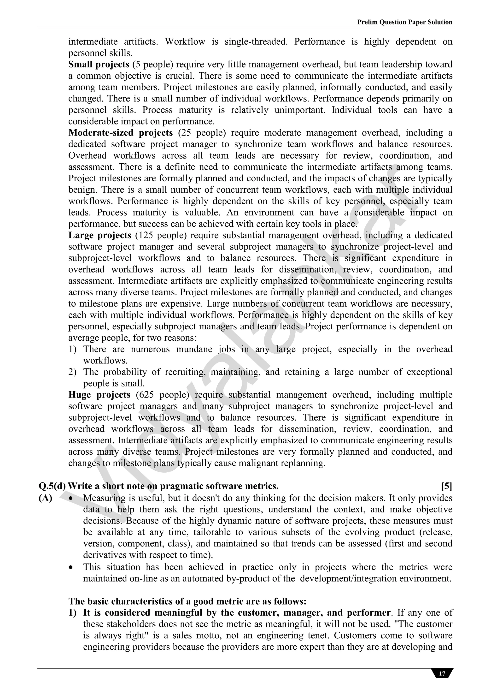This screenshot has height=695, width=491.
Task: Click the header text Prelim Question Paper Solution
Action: click(405, 22)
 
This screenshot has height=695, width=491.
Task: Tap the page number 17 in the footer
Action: click(442, 673)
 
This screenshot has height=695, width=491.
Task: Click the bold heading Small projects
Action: click(99, 65)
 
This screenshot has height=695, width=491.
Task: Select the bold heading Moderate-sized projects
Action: click(120, 133)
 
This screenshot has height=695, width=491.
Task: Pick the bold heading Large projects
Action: click(99, 235)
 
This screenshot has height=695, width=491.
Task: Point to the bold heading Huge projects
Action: click(99, 395)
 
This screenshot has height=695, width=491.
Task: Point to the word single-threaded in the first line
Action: click(256, 42)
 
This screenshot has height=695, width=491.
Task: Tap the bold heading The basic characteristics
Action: click(187, 601)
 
